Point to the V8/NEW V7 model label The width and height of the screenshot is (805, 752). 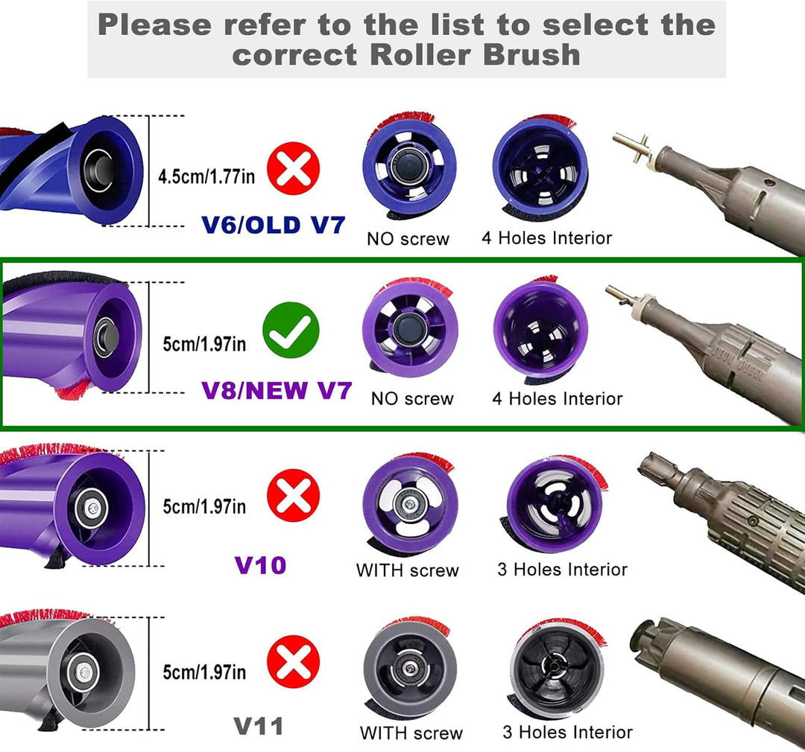tap(276, 390)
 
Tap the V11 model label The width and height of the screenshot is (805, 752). tap(259, 726)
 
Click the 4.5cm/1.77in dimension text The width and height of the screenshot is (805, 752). tap(206, 177)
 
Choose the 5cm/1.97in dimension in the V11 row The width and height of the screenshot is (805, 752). tap(204, 672)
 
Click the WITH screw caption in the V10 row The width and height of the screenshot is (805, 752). tap(407, 571)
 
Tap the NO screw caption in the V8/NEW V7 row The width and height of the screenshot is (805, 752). tap(412, 399)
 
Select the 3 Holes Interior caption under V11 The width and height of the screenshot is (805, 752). tap(567, 732)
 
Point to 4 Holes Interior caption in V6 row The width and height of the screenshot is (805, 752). tap(547, 238)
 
